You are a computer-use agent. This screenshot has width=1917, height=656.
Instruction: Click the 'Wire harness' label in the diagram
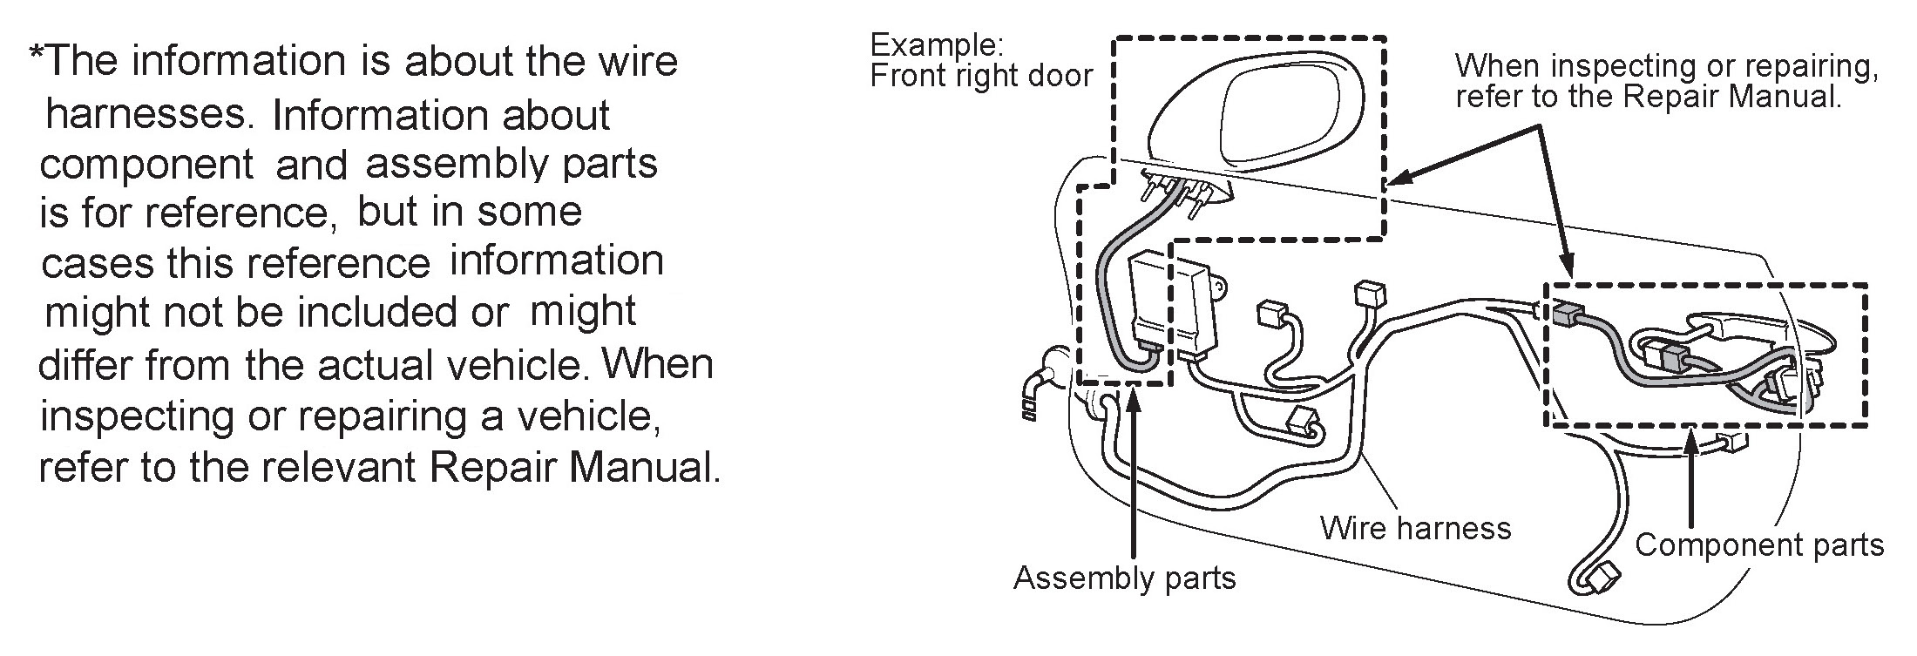(x=1415, y=528)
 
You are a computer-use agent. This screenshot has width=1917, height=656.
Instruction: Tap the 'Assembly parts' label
(x=1124, y=578)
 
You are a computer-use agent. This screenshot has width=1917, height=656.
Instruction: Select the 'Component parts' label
(x=1758, y=545)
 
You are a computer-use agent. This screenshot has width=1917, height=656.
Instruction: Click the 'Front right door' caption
(x=980, y=77)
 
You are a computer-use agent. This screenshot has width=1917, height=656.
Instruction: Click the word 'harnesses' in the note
(x=146, y=114)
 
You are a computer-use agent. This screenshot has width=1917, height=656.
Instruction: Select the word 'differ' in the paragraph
(x=86, y=365)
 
